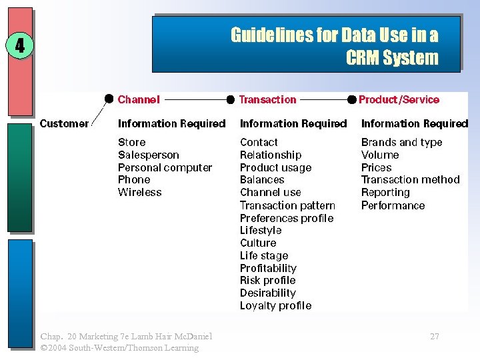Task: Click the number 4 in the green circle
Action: coord(19,46)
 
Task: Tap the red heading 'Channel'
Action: coord(139,100)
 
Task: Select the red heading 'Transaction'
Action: coord(267,100)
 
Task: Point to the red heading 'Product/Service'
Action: coord(399,100)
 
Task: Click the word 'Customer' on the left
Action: coord(64,123)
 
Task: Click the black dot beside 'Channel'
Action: coord(109,99)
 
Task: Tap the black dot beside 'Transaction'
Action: coord(231,99)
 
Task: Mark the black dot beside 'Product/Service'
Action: coord(352,99)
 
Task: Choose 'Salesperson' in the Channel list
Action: coord(148,155)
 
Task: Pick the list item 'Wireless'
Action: coord(139,192)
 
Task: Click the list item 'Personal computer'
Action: coord(165,167)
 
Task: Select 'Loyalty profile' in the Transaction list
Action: coord(275,305)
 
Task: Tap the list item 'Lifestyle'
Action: coord(261,230)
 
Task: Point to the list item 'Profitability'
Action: coord(268,268)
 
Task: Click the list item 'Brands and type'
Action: coord(401,142)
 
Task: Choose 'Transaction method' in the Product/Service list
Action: coord(410,179)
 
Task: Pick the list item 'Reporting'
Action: coord(385,192)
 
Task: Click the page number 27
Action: coord(435,336)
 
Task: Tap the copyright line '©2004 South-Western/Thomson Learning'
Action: coord(119,347)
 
